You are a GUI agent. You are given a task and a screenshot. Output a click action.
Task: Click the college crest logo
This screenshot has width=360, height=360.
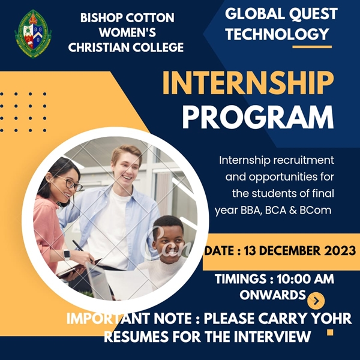(x=33, y=34)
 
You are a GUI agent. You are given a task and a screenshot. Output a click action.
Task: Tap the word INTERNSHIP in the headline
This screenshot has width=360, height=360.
(x=248, y=83)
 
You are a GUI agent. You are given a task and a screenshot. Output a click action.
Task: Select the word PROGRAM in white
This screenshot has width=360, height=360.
(x=258, y=118)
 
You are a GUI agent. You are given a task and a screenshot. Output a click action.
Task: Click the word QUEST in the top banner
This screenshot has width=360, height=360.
(x=313, y=14)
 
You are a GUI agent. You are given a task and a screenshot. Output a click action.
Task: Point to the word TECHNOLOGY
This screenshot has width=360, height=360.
(x=277, y=34)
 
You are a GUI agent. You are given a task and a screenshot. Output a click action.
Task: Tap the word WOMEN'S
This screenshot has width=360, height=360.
(x=127, y=32)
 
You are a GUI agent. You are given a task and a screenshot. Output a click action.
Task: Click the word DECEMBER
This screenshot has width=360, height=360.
(x=286, y=250)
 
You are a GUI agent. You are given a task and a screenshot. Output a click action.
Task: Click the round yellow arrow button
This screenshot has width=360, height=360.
(x=316, y=301)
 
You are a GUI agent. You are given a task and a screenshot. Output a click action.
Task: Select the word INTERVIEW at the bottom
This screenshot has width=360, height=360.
(x=272, y=337)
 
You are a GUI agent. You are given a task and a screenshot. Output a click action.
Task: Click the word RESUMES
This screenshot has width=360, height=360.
(x=137, y=337)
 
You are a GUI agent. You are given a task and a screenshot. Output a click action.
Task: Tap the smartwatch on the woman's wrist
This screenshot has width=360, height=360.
(x=67, y=254)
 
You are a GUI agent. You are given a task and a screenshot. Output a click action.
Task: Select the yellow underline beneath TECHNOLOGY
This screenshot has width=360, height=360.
(x=312, y=47)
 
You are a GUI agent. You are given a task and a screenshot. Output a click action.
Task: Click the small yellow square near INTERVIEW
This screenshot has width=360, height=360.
(x=330, y=332)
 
